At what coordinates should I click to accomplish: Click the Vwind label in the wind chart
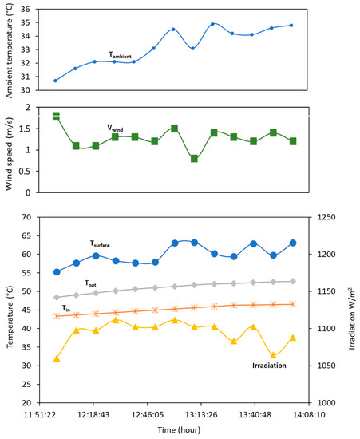point(120,127)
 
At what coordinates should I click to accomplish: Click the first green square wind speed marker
point(56,116)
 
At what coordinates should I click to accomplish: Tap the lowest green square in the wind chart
point(194,158)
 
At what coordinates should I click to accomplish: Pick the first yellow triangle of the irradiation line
point(57,358)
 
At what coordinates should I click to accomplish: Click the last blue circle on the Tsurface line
point(293,243)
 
